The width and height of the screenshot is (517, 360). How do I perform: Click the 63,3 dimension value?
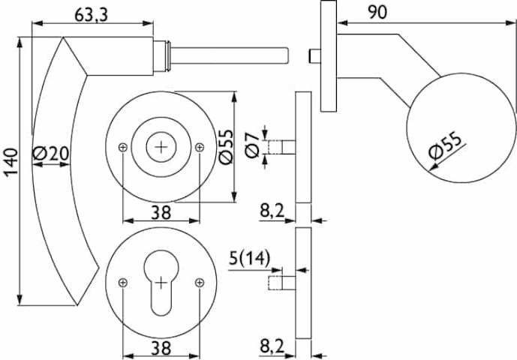[x=91, y=14]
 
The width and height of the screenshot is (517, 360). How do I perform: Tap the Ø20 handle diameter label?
[x=51, y=153]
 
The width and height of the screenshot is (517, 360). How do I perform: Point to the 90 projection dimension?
[x=377, y=12]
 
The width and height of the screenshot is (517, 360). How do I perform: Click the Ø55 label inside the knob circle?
[x=446, y=145]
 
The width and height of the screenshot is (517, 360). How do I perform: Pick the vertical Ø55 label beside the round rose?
[x=226, y=147]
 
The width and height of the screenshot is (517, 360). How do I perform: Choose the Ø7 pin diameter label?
[x=253, y=145]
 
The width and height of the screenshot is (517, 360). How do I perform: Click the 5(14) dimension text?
[x=250, y=258]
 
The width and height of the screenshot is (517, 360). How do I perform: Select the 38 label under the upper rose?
[x=161, y=213]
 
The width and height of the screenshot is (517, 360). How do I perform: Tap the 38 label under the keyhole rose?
[x=161, y=348]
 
